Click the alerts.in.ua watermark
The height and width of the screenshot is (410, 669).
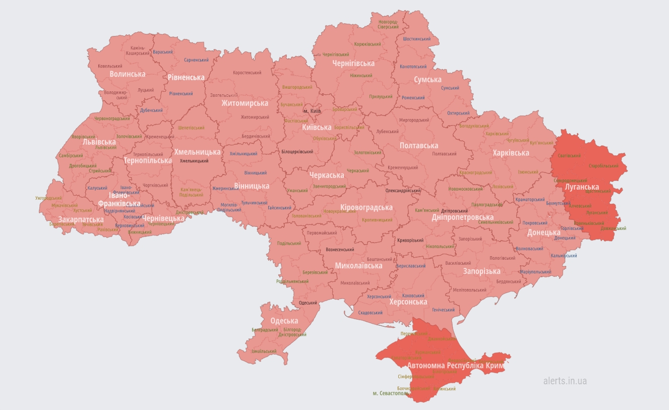click(565, 381)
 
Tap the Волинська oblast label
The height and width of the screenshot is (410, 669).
click(128, 74)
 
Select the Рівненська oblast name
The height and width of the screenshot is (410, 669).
click(186, 77)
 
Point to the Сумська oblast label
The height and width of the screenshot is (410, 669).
click(428, 80)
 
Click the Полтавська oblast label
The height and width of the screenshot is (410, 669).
click(418, 146)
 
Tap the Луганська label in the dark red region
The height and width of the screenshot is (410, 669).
click(581, 187)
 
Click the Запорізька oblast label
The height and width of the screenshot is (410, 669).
click(482, 271)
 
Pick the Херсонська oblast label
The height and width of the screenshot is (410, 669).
click(408, 302)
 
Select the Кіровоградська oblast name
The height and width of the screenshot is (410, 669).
click(367, 208)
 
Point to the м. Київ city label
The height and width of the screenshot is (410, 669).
click(312, 111)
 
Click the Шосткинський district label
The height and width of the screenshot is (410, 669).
click(417, 39)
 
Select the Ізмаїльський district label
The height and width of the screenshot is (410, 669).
click(264, 352)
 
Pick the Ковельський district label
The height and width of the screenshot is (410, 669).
click(110, 66)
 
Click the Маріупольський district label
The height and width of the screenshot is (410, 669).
click(535, 272)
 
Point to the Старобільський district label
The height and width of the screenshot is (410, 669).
click(603, 166)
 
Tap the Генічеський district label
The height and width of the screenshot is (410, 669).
click(443, 310)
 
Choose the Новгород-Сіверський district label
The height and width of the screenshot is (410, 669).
click(388, 24)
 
